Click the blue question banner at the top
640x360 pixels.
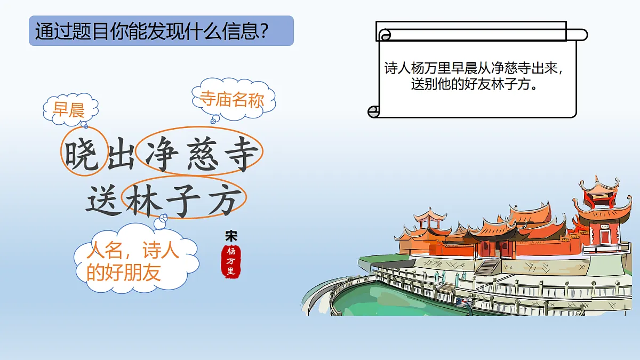pyautogui.click(x=161, y=31)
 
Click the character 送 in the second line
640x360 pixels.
pyautogui.click(x=103, y=200)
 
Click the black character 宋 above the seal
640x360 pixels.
pyautogui.click(x=231, y=236)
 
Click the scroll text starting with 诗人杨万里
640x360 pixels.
pyautogui.click(x=474, y=69)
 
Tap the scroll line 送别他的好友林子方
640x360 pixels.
pyautogui.click(x=474, y=84)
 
